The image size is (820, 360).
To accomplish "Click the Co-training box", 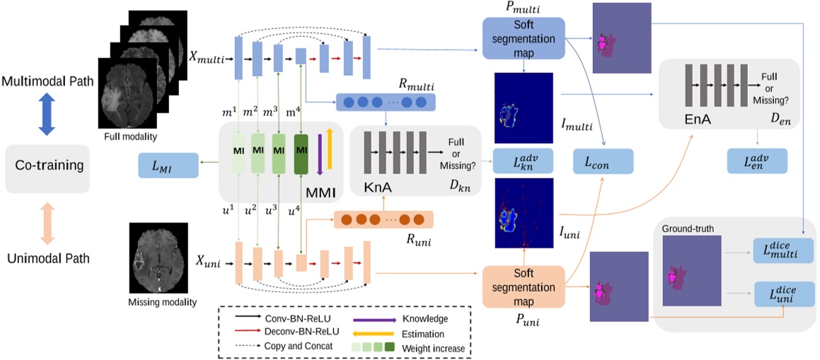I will (45, 169).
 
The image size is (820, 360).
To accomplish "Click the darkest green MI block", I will (302, 151).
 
